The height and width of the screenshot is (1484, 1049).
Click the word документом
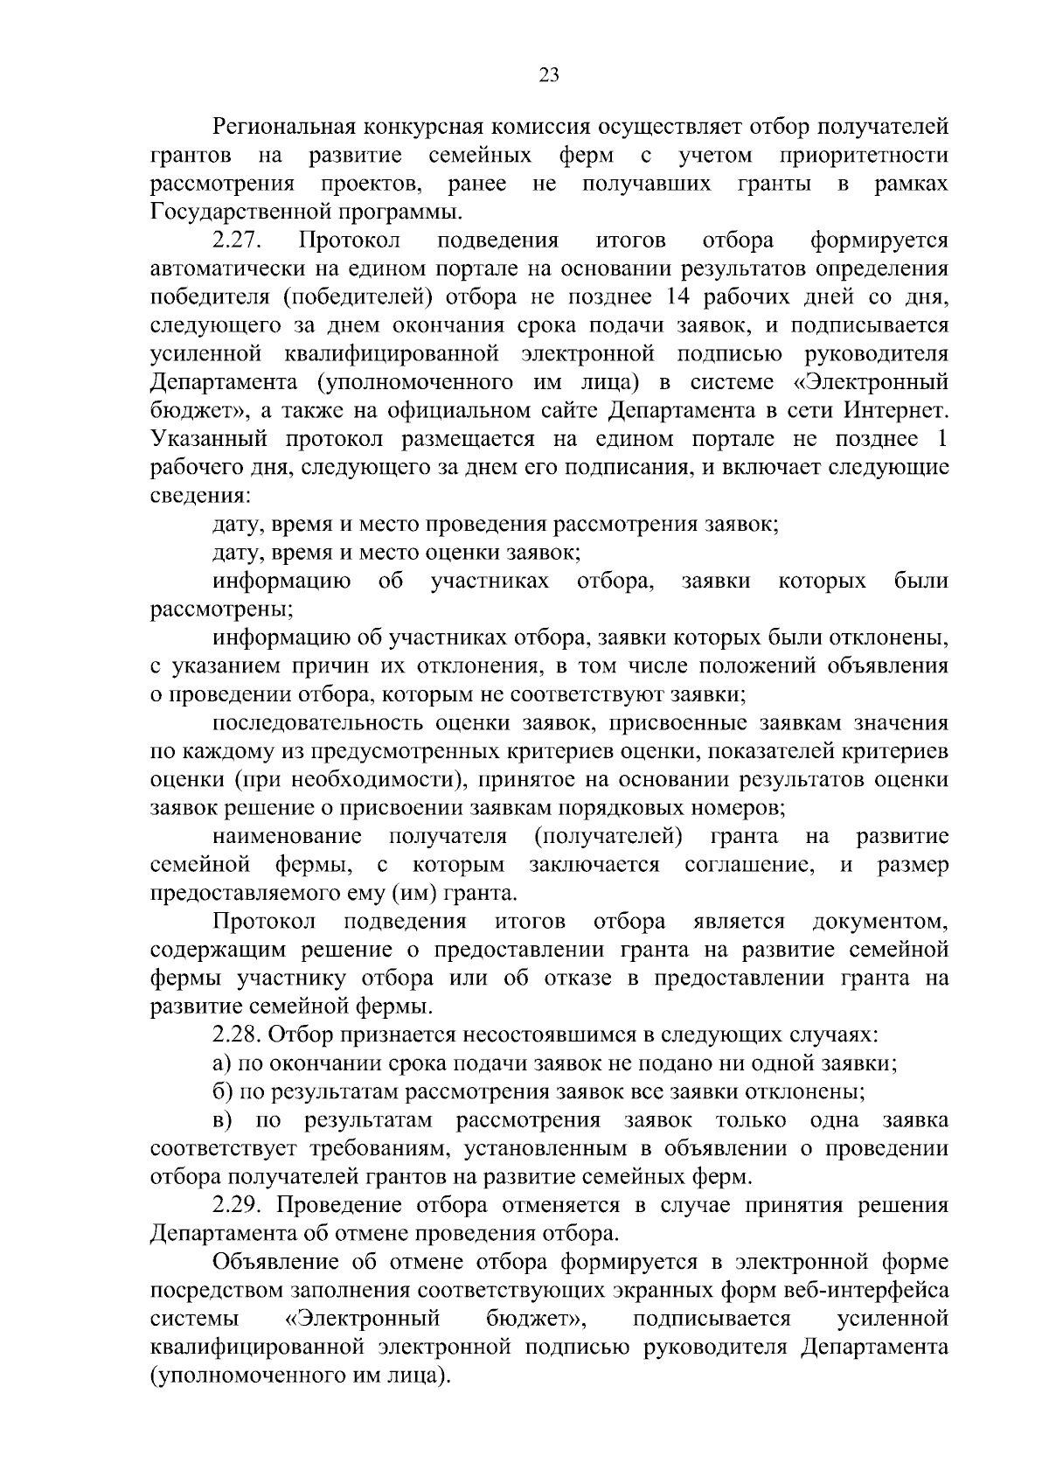880,922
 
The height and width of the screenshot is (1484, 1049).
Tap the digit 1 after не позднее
942,439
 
